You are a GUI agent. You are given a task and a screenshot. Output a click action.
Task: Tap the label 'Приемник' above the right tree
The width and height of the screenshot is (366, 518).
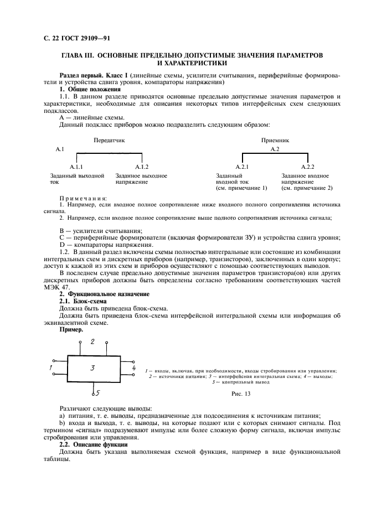tap(275, 141)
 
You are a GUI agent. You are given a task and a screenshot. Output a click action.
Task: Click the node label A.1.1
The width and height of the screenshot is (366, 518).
tap(76, 167)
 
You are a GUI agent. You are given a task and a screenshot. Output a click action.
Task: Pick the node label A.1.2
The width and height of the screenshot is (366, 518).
tap(142, 167)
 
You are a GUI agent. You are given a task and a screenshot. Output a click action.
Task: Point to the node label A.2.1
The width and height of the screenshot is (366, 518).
tap(242, 167)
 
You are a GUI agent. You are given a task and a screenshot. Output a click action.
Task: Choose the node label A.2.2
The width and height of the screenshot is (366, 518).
tap(308, 167)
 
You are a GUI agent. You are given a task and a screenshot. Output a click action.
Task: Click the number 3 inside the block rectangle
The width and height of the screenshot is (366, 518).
tap(93, 367)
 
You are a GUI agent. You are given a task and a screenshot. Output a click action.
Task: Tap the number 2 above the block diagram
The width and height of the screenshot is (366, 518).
tap(92, 341)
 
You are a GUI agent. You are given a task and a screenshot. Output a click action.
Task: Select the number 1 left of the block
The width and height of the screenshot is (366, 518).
tap(50, 367)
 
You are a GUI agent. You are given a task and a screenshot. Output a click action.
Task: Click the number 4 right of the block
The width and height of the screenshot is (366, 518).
tap(133, 367)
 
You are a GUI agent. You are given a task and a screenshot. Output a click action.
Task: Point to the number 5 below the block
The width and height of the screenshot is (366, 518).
tap(97, 393)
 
